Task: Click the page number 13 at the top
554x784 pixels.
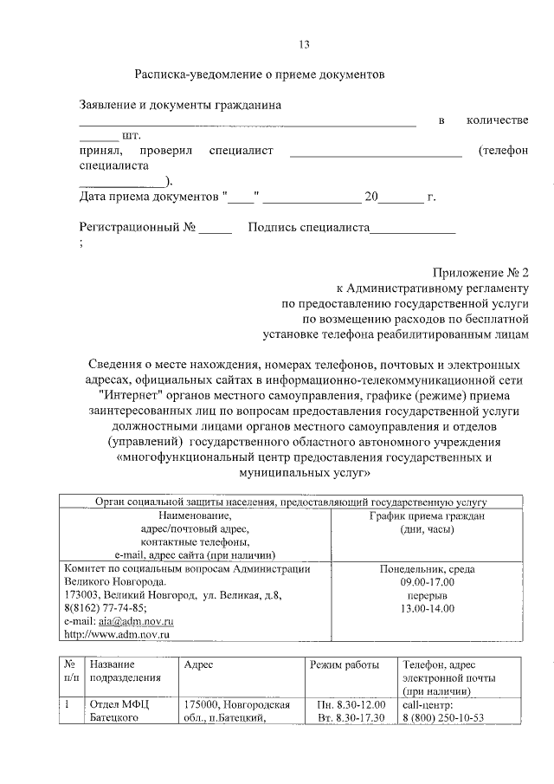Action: coord(303,44)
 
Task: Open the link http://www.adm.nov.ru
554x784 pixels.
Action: coord(117,634)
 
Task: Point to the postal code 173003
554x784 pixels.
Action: coord(83,595)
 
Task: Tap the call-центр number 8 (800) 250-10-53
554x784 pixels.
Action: coord(442,717)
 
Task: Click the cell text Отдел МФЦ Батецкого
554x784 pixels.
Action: coord(120,710)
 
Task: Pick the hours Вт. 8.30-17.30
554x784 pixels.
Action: coord(351,717)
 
